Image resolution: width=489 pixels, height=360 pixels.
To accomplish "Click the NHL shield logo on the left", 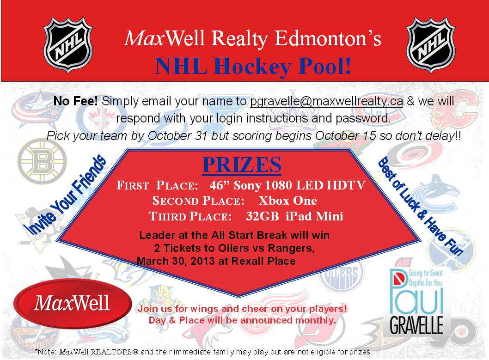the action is (x=68, y=45).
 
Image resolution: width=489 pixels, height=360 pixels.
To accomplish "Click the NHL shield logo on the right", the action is (x=431, y=45).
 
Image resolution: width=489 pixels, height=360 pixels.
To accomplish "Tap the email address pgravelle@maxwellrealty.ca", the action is (x=326, y=101).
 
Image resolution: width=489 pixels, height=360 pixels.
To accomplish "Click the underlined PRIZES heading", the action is (x=242, y=165).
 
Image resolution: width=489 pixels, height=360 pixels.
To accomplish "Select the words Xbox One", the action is (x=287, y=201).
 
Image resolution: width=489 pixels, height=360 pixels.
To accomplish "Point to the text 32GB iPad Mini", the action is (x=295, y=216).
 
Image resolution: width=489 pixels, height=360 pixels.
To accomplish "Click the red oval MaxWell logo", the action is (x=73, y=304).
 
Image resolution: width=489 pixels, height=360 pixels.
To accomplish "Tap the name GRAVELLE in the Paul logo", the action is (x=416, y=325).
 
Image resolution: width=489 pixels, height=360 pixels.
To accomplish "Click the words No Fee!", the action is (x=75, y=101).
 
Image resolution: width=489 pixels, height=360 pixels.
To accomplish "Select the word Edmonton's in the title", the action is (x=328, y=38).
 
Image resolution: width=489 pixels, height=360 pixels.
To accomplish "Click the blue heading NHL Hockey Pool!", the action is (x=253, y=67).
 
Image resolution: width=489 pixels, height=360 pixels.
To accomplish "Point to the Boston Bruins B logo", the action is (x=42, y=162).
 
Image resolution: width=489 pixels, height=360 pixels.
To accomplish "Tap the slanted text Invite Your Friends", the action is (x=67, y=195).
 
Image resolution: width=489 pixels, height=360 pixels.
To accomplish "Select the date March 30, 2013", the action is (x=176, y=261).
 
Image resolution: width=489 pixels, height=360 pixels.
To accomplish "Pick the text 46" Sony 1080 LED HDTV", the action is (x=287, y=185).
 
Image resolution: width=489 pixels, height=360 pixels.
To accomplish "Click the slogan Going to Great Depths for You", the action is (x=425, y=278).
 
